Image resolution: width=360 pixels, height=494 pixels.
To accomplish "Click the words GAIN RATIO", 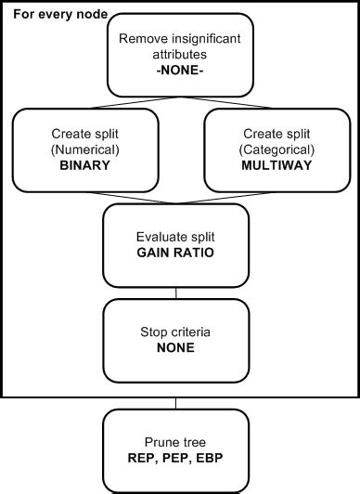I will pos(175,253).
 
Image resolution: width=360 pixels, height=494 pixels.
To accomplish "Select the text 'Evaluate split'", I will pos(175,237).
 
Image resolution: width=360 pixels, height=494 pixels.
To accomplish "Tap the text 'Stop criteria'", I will pos(175,331).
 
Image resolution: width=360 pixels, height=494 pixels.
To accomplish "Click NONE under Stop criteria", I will pos(175,347).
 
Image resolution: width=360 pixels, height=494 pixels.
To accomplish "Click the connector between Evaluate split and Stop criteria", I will pos(175,292).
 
